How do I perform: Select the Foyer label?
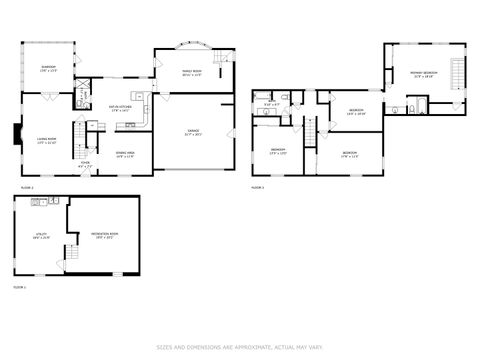[86, 164]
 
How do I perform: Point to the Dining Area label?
[125, 155]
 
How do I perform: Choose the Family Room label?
[191, 74]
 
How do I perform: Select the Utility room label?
[40, 237]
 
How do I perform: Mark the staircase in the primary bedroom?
[460, 75]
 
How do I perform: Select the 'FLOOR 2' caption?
[27, 187]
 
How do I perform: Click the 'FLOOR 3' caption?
[257, 187]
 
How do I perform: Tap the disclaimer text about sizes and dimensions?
[240, 348]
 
